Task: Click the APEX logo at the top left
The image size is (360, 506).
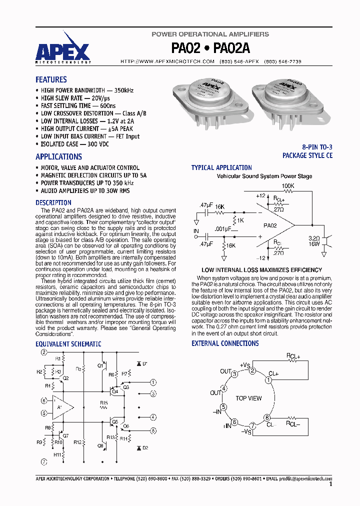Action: pyautogui.click(x=63, y=51)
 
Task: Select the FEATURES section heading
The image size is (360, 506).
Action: pyautogui.click(x=51, y=79)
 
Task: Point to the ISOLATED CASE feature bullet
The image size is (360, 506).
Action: pyautogui.click(x=74, y=144)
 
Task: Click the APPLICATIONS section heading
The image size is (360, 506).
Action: pyautogui.click(x=58, y=156)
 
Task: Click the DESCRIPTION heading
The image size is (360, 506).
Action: pyautogui.click(x=53, y=202)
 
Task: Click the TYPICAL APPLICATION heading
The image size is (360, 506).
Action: pyautogui.click(x=221, y=167)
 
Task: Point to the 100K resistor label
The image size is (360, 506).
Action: pyautogui.click(x=288, y=186)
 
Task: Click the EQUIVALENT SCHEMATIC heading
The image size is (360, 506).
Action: pyautogui.click(x=68, y=344)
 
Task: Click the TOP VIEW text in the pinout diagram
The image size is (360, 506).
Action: pyautogui.click(x=248, y=398)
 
